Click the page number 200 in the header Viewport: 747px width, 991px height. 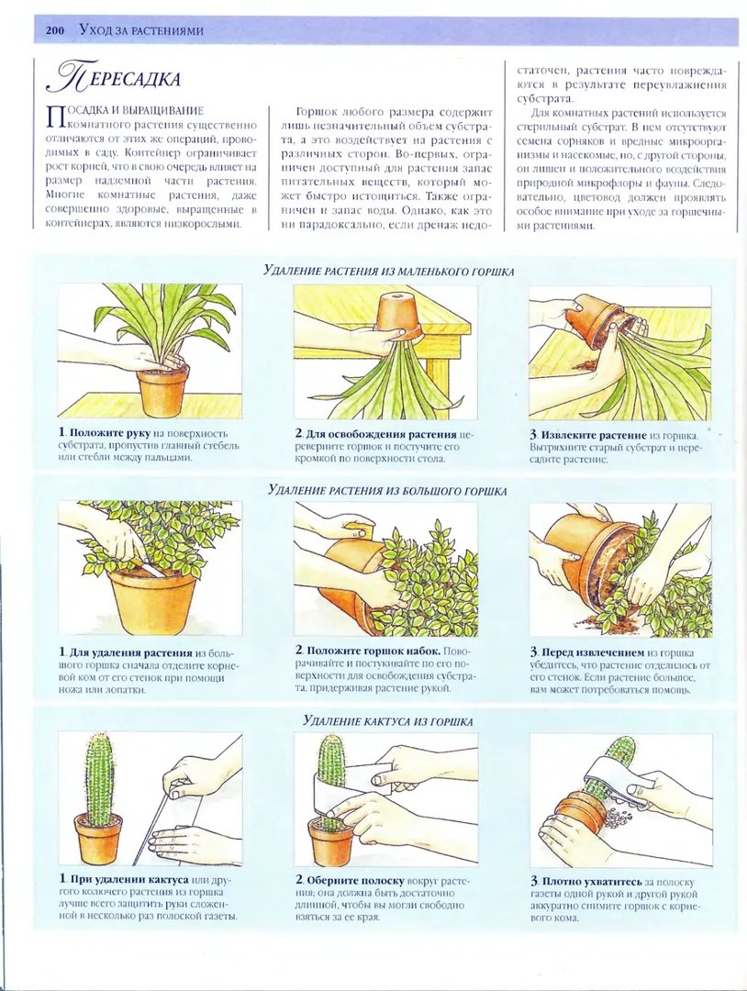click(x=56, y=31)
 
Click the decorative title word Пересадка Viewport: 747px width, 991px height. click(x=115, y=77)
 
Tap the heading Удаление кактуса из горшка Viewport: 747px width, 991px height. click(x=388, y=720)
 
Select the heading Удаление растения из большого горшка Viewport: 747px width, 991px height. click(x=387, y=490)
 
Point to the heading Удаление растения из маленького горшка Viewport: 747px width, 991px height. click(x=389, y=271)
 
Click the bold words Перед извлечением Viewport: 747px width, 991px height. click(x=593, y=653)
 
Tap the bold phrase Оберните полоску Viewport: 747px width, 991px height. click(x=355, y=880)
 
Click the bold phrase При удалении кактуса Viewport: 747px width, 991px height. click(x=128, y=879)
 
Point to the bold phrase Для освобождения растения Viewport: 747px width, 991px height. click(x=381, y=435)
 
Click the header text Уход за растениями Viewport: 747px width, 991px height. click(x=141, y=31)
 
